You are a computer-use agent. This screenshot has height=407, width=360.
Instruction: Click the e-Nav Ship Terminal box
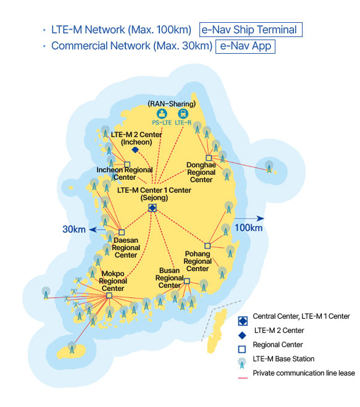coord(251,30)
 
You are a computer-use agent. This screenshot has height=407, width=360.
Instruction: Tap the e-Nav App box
coord(245,46)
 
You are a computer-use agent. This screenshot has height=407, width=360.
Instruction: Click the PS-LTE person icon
coord(162,114)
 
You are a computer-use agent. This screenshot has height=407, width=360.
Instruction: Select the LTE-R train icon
coord(183,114)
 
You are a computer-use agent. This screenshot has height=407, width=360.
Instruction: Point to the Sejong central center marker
coord(153,208)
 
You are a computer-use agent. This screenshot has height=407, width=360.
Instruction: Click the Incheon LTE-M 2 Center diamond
coord(135,150)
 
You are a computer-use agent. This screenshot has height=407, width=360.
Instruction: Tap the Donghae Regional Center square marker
coord(209,158)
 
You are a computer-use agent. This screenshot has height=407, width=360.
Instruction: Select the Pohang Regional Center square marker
coord(207,246)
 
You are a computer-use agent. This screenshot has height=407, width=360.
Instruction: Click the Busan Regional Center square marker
coord(187,281)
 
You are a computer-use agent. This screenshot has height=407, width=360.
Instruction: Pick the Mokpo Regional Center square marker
coord(109,295)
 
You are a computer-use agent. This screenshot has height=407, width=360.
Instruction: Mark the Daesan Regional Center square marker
coord(122,232)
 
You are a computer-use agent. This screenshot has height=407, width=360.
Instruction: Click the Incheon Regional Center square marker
coord(127,164)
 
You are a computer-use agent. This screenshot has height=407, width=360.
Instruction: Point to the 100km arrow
coord(249,218)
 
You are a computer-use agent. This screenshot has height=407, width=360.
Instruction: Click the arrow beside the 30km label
coord(98,230)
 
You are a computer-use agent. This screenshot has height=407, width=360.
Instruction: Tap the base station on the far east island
coord(269,167)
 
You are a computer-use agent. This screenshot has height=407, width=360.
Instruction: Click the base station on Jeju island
coord(72,347)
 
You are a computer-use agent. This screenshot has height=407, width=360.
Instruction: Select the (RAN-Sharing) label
coord(172,104)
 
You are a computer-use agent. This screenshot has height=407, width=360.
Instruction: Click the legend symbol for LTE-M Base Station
coord(242,363)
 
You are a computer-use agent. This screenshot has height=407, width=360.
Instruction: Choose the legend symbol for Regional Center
coord(242,349)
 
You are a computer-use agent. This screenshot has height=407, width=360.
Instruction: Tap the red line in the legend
coord(243,378)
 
